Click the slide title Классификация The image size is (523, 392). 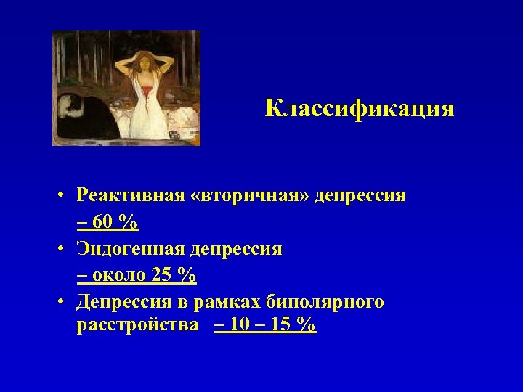click(x=360, y=109)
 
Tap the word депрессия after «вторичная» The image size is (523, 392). click(x=360, y=196)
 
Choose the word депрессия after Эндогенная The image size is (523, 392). click(x=236, y=249)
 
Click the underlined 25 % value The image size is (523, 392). click(x=175, y=276)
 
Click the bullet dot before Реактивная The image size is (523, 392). click(x=64, y=197)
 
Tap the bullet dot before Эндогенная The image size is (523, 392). click(x=64, y=250)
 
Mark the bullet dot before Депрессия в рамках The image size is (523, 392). click(x=64, y=303)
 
